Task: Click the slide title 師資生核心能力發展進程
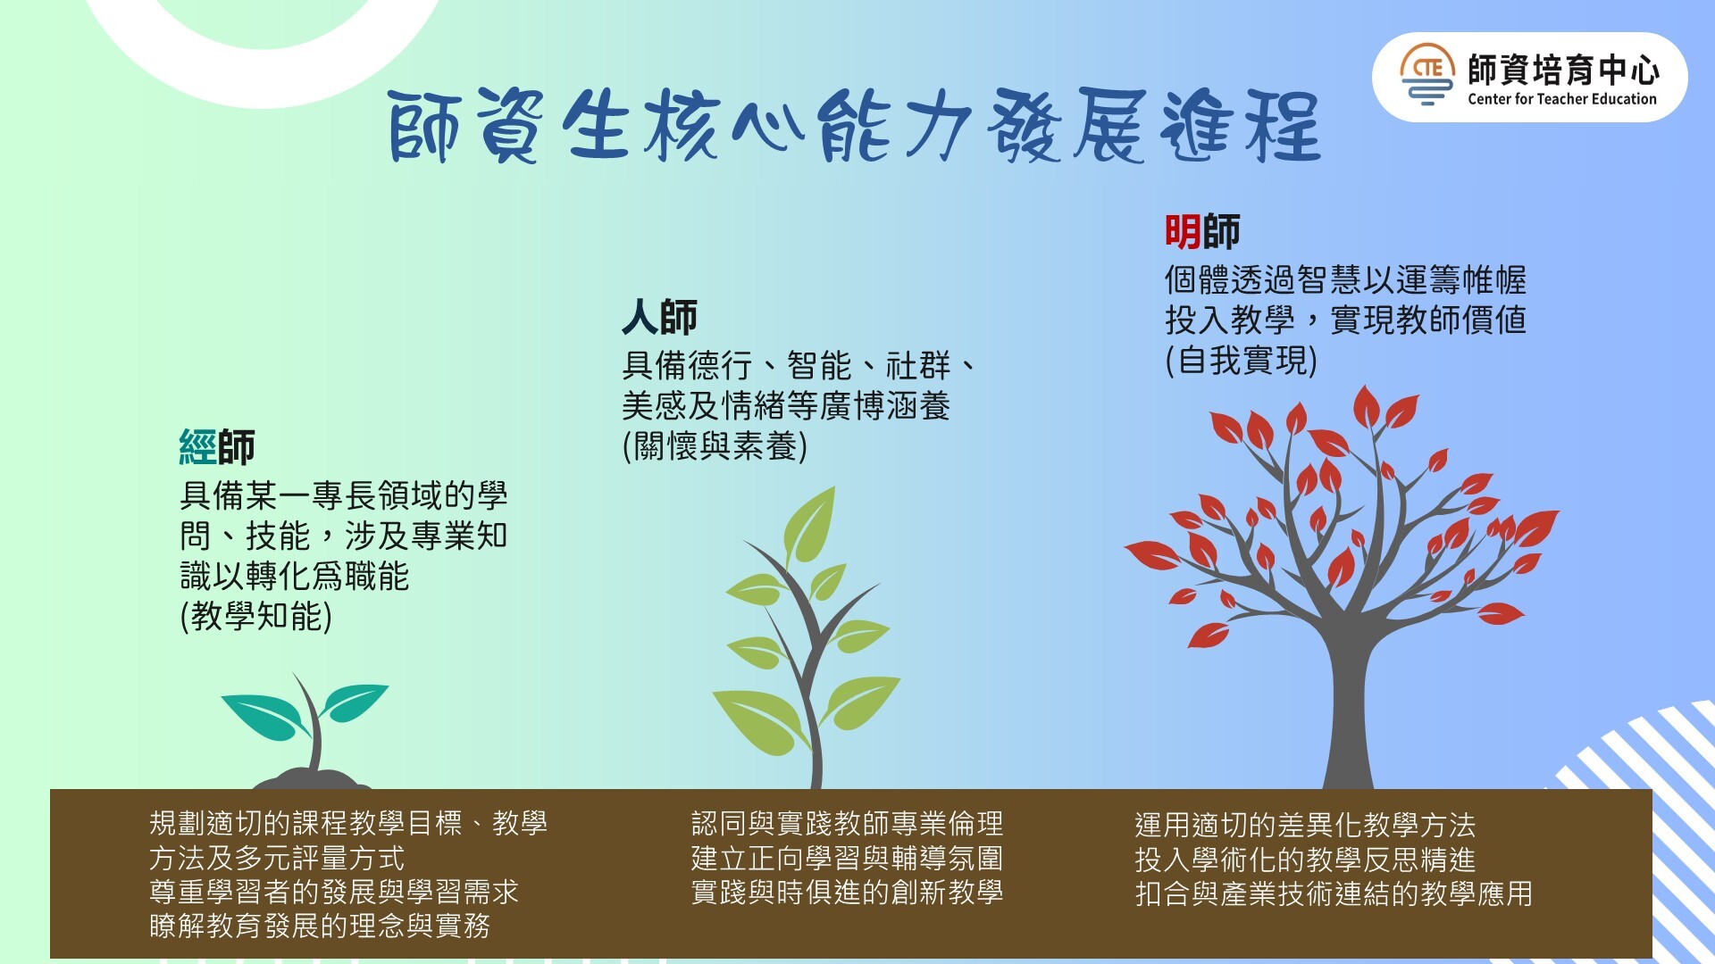point(855,126)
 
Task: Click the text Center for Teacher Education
point(1561,99)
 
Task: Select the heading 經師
point(217,447)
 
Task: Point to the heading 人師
point(660,318)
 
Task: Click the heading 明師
point(1202,232)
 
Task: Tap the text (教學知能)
point(256,617)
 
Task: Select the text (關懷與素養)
point(715,445)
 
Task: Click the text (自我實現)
point(1242,361)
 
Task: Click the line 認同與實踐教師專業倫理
point(847,823)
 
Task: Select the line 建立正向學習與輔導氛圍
point(847,858)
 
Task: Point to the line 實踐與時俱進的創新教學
point(847,892)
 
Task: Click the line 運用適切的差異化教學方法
point(1305,825)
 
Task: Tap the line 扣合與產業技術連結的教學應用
point(1334,893)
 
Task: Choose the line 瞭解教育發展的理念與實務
point(320,926)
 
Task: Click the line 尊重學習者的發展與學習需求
point(334,892)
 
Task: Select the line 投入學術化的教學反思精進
point(1305,860)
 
